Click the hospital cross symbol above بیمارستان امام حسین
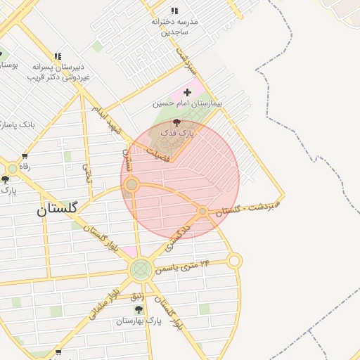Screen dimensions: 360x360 coord(187,92)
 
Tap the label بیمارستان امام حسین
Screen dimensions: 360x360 coord(187,103)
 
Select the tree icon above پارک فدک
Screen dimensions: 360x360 coord(176,122)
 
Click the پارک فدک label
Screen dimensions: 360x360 coord(176,132)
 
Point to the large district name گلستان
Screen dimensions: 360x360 coord(57,208)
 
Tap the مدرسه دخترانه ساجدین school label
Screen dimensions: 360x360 coord(174,27)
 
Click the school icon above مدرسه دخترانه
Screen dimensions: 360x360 coord(174,11)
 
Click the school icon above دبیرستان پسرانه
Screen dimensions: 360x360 coord(58,56)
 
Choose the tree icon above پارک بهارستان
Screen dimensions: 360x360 coord(139,309)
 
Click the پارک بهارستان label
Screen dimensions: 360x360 coord(139,321)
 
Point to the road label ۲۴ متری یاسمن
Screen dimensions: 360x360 coord(186,266)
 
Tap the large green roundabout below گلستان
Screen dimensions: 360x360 coord(140,268)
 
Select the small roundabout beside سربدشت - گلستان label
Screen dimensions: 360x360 coord(202,211)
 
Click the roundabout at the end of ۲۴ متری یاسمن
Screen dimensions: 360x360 coord(234,261)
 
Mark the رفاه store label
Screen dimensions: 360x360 coord(25,167)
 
